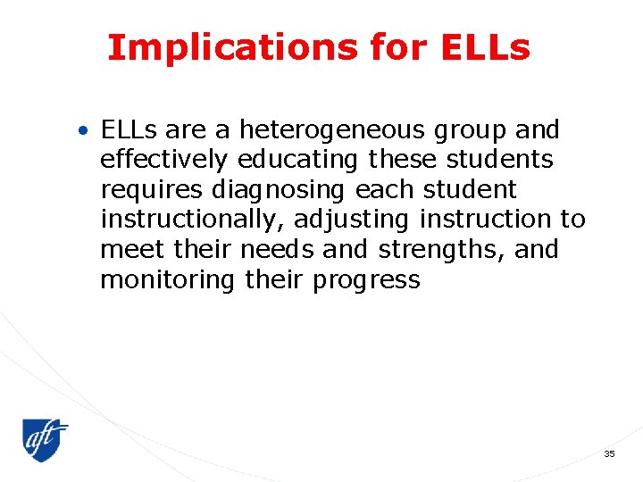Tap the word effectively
pyautogui.click(x=164, y=161)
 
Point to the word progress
pyautogui.click(x=366, y=281)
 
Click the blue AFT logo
pyautogui.click(x=45, y=440)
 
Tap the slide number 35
pyautogui.click(x=609, y=454)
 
